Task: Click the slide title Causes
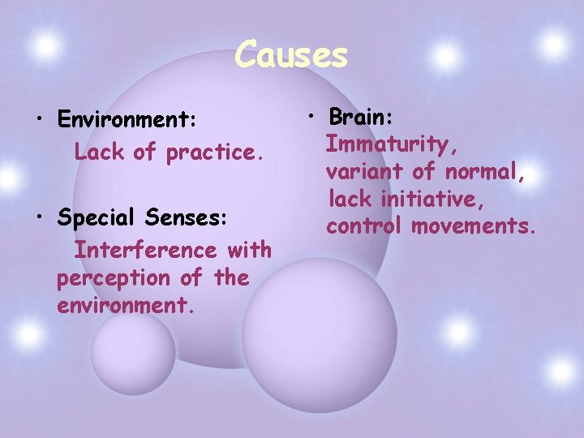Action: pyautogui.click(x=291, y=55)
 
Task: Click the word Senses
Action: pyautogui.click(x=195, y=218)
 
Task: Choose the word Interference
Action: pyautogui.click(x=145, y=250)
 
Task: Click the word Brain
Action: pyautogui.click(x=361, y=116)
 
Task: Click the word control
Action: pyautogui.click(x=364, y=225)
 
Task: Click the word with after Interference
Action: pyautogui.click(x=248, y=250)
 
